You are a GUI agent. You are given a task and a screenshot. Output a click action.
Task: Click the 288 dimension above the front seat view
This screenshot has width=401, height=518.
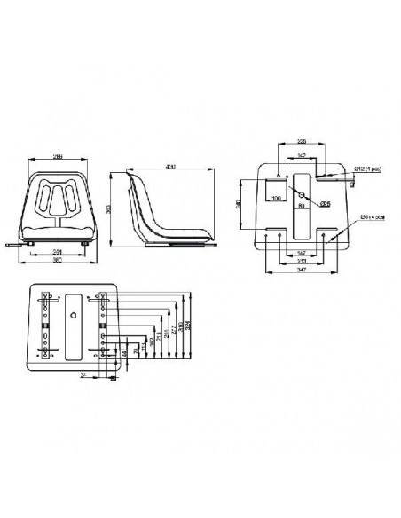59,156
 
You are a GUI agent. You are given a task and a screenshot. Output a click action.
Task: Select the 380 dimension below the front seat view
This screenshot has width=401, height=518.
59,263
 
